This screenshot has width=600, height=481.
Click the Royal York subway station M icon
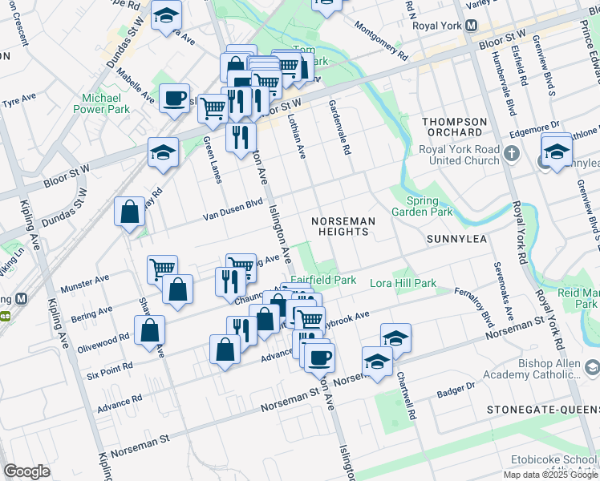point(472,25)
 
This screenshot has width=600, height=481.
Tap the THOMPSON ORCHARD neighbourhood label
point(455,127)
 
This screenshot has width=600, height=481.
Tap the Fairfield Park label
point(323,281)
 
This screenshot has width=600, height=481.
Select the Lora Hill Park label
point(403,283)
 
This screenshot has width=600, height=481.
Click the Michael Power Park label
point(101,103)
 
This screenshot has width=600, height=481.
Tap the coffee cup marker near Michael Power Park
point(174,99)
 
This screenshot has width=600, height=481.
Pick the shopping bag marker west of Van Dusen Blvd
point(130,213)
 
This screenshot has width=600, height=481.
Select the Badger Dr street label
point(456,390)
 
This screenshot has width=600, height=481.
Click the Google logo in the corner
point(26,471)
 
